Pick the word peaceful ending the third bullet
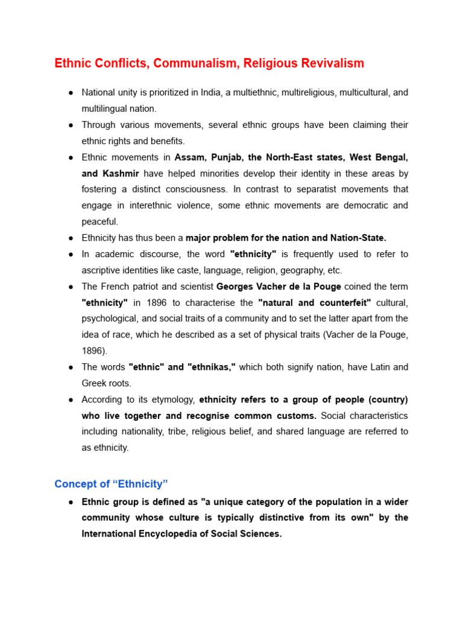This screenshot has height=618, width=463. pyautogui.click(x=100, y=221)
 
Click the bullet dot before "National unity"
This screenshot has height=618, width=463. pyautogui.click(x=71, y=93)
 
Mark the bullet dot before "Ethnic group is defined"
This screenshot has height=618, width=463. pyautogui.click(x=71, y=502)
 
